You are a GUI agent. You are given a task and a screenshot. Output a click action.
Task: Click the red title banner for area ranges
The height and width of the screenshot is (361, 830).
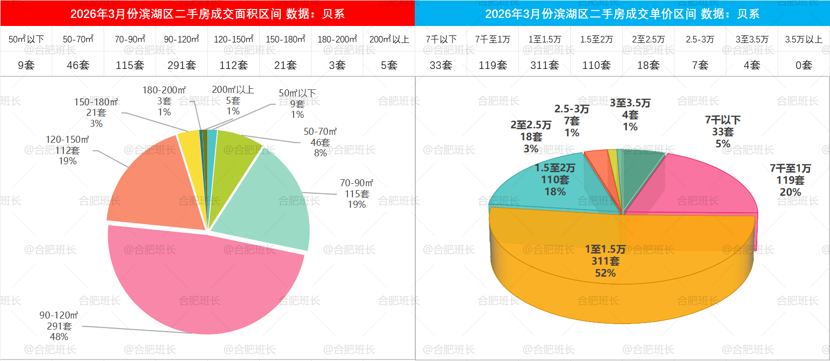point(207,13)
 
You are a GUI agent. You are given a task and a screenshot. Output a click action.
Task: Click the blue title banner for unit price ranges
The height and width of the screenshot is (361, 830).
point(622,13)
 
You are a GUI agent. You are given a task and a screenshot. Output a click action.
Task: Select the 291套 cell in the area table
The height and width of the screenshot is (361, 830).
point(181,65)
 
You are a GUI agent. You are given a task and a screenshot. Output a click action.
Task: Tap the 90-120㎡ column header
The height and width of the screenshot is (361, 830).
point(181,39)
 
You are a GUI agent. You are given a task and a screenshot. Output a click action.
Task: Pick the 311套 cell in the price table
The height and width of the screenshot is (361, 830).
point(544,65)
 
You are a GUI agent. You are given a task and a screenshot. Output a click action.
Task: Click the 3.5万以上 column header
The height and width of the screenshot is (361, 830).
point(804,39)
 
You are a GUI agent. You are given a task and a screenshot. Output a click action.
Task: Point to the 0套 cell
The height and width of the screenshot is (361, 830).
point(804,65)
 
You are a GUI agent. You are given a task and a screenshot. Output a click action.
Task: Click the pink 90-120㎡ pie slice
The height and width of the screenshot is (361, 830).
point(199,285)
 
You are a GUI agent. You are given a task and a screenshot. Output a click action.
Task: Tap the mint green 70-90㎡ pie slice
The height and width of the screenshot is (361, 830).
point(269,200)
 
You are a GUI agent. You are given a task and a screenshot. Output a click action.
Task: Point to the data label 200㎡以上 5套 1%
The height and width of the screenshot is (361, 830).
point(233,100)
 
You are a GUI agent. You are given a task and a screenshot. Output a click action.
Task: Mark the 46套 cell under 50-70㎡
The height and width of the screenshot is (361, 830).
point(78,65)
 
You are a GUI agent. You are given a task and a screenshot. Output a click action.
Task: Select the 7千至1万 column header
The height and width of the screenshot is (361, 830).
point(493,39)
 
